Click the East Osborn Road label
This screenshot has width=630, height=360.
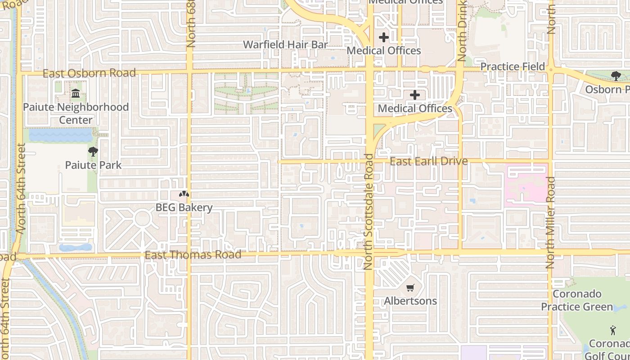[89, 73]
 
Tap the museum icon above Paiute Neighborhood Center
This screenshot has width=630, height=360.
[76, 94]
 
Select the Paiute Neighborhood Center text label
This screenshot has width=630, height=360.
[76, 113]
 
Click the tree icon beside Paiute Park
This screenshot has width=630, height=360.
[93, 151]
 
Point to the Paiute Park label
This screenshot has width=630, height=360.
[93, 165]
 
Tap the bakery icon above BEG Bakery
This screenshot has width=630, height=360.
[184, 194]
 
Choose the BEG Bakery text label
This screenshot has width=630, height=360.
[184, 207]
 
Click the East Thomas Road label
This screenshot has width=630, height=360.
[193, 255]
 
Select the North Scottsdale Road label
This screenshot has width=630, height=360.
[369, 211]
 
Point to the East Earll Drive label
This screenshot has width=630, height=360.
[428, 161]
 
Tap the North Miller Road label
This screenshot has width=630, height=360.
[550, 223]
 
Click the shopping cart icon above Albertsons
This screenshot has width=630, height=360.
[410, 288]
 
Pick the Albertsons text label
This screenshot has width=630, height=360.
[410, 301]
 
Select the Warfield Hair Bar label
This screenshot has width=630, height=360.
[285, 45]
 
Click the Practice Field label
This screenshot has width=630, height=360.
[513, 67]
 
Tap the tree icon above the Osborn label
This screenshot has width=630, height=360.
[616, 76]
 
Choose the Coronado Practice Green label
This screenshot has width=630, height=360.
[577, 300]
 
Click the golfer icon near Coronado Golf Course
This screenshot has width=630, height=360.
[613, 331]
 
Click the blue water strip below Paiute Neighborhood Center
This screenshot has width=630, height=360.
[61, 135]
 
